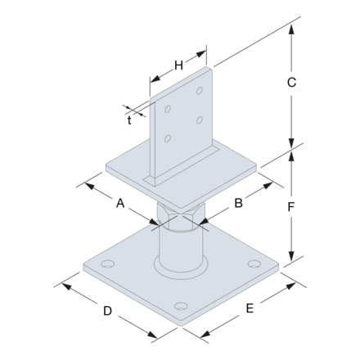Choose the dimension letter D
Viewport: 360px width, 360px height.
107,312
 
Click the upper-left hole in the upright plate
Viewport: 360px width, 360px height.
168,106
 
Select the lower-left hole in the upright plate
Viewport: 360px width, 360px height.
168,137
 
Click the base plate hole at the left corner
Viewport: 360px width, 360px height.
106,266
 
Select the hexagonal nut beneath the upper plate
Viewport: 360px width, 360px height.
179,218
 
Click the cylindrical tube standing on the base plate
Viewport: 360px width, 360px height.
179,250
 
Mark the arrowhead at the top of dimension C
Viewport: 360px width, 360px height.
291,26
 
